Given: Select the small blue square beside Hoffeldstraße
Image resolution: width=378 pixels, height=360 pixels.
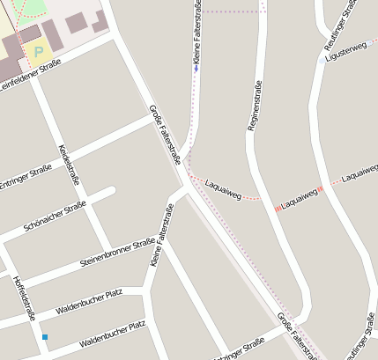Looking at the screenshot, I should [45, 336].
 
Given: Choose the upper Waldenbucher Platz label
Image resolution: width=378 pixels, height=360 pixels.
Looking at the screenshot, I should [100, 300].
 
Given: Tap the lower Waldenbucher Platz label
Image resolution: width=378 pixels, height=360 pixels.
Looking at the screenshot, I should [112, 334].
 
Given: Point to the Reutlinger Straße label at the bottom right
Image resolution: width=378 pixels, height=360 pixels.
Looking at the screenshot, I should [362, 341].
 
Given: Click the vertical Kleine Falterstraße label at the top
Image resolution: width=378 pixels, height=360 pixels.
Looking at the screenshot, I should [196, 32].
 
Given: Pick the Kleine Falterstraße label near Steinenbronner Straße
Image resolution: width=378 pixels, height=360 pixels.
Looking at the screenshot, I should [161, 234].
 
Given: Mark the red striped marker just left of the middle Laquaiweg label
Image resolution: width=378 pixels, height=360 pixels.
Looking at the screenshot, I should [278, 208].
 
